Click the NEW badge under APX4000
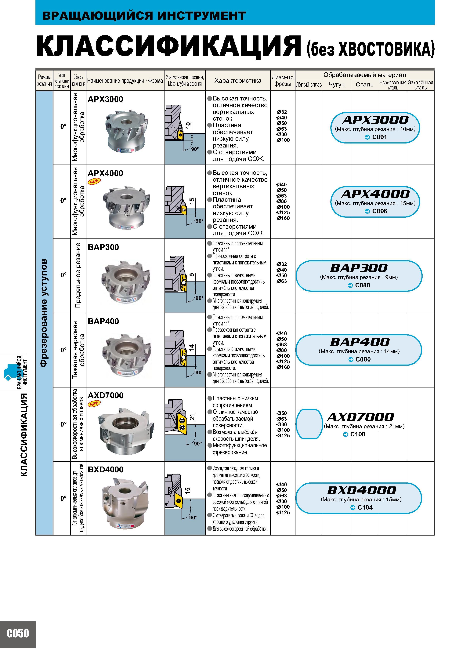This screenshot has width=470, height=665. coord(94,181)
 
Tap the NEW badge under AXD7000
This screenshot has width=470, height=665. coord(94,403)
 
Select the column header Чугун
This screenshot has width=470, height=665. coord(337,85)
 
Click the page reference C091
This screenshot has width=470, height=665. coord(379,137)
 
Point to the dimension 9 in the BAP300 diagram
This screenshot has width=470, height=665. coord(192,275)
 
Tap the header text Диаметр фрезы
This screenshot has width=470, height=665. coord(282,81)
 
